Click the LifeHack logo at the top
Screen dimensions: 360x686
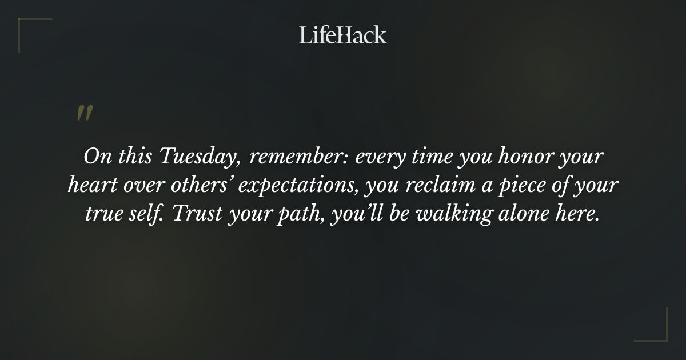(x=343, y=35)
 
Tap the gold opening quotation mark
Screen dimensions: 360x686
(x=84, y=114)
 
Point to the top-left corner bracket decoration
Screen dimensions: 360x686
(x=29, y=29)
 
